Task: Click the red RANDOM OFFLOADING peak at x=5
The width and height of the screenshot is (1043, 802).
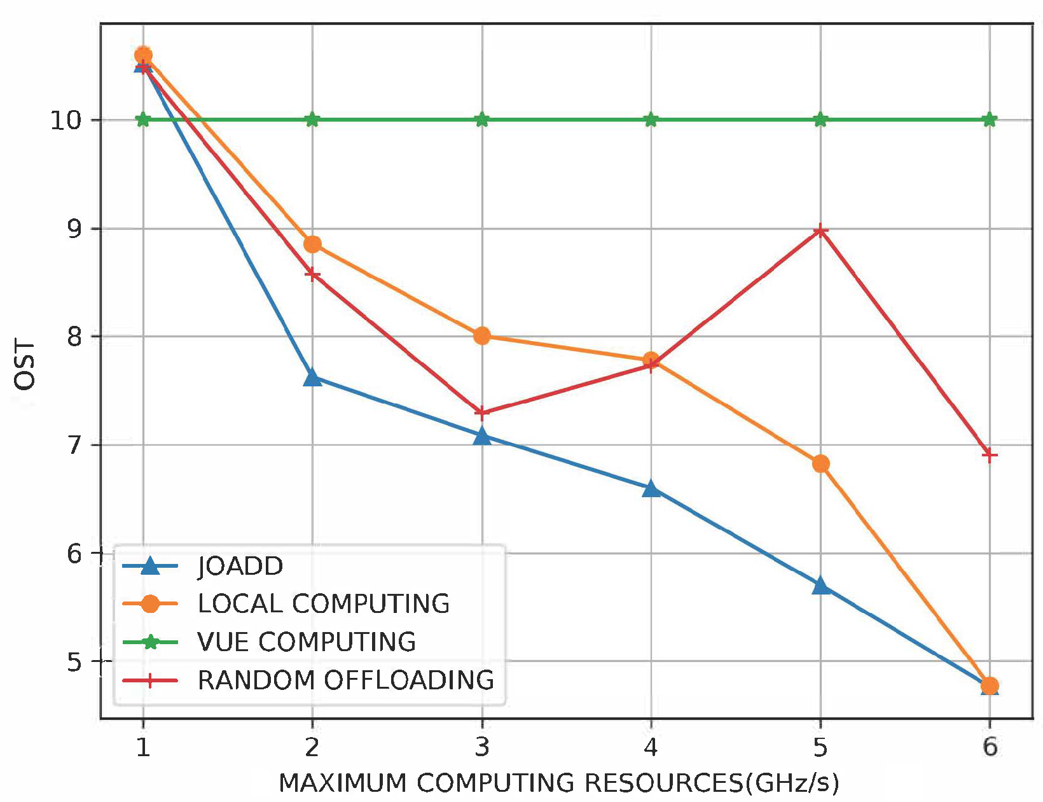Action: coord(820,230)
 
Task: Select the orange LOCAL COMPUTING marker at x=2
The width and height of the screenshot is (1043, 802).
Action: coord(312,244)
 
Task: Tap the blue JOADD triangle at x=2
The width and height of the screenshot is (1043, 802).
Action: coord(312,378)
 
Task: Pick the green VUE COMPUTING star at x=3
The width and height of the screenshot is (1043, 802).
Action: coord(482,120)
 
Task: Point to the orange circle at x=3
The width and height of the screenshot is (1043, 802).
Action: coord(482,335)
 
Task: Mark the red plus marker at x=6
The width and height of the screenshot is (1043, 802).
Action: coord(990,455)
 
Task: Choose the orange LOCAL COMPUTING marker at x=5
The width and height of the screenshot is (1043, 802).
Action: coord(820,463)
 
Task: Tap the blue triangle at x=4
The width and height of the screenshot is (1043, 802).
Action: coord(651,489)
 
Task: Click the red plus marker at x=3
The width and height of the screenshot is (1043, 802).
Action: coord(482,413)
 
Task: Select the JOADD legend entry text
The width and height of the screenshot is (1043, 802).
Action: coord(240,566)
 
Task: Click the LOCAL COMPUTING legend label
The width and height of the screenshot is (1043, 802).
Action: coord(323,604)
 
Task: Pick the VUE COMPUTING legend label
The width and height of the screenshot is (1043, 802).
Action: coord(307,642)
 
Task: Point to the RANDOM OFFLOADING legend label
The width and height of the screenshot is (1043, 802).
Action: coord(346,680)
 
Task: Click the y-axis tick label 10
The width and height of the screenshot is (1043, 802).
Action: coord(66,120)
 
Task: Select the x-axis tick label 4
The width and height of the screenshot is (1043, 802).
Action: coord(651,747)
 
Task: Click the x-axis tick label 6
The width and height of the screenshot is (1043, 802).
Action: coord(990,747)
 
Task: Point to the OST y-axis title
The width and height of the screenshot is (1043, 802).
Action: coord(25,365)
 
